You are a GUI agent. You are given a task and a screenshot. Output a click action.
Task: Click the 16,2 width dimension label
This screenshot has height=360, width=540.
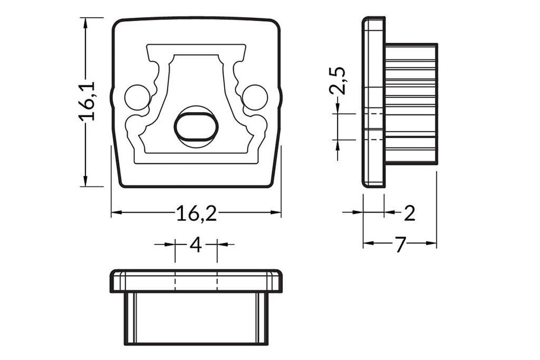coord(196,214)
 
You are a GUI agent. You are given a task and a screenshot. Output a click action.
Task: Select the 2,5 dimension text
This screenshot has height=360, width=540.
coord(338,81)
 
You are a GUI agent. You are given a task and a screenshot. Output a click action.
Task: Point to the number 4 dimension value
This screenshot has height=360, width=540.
coord(195,245)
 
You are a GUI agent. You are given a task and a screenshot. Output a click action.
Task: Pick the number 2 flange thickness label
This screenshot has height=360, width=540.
coord(409,214)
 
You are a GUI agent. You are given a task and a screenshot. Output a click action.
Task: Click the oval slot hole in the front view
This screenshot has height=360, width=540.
coord(196,127)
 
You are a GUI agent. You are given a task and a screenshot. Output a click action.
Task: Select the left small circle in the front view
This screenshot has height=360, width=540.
coord(137,97)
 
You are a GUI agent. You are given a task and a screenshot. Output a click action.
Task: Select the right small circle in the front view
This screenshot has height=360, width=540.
coord(255,97)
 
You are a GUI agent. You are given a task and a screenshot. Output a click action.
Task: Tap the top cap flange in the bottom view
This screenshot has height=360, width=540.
coord(196,281)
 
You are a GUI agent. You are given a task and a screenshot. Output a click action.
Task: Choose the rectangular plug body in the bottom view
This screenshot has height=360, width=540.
coord(196,318)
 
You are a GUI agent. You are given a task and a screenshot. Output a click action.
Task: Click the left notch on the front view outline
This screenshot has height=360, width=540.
coord(112,97)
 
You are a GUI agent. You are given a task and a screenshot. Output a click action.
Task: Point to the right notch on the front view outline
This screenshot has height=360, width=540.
coord(280,97)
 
